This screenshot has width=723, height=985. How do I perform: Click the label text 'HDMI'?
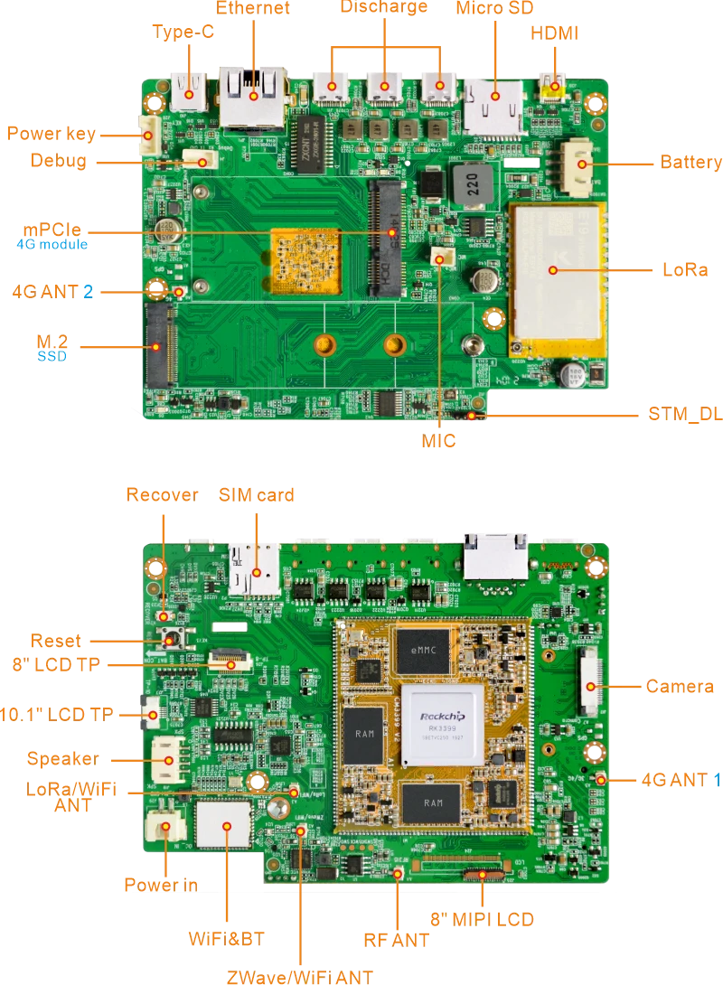(553, 33)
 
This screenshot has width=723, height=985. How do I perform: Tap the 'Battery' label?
(690, 163)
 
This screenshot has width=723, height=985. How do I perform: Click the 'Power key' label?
(51, 134)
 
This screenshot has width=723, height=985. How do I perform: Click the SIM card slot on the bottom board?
(255, 568)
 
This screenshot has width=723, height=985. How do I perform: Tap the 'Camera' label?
(680, 686)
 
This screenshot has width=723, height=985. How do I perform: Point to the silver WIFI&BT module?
(222, 824)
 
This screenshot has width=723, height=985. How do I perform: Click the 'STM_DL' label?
(685, 416)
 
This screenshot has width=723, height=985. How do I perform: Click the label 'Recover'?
(161, 494)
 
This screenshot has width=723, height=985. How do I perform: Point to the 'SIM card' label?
(257, 495)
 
